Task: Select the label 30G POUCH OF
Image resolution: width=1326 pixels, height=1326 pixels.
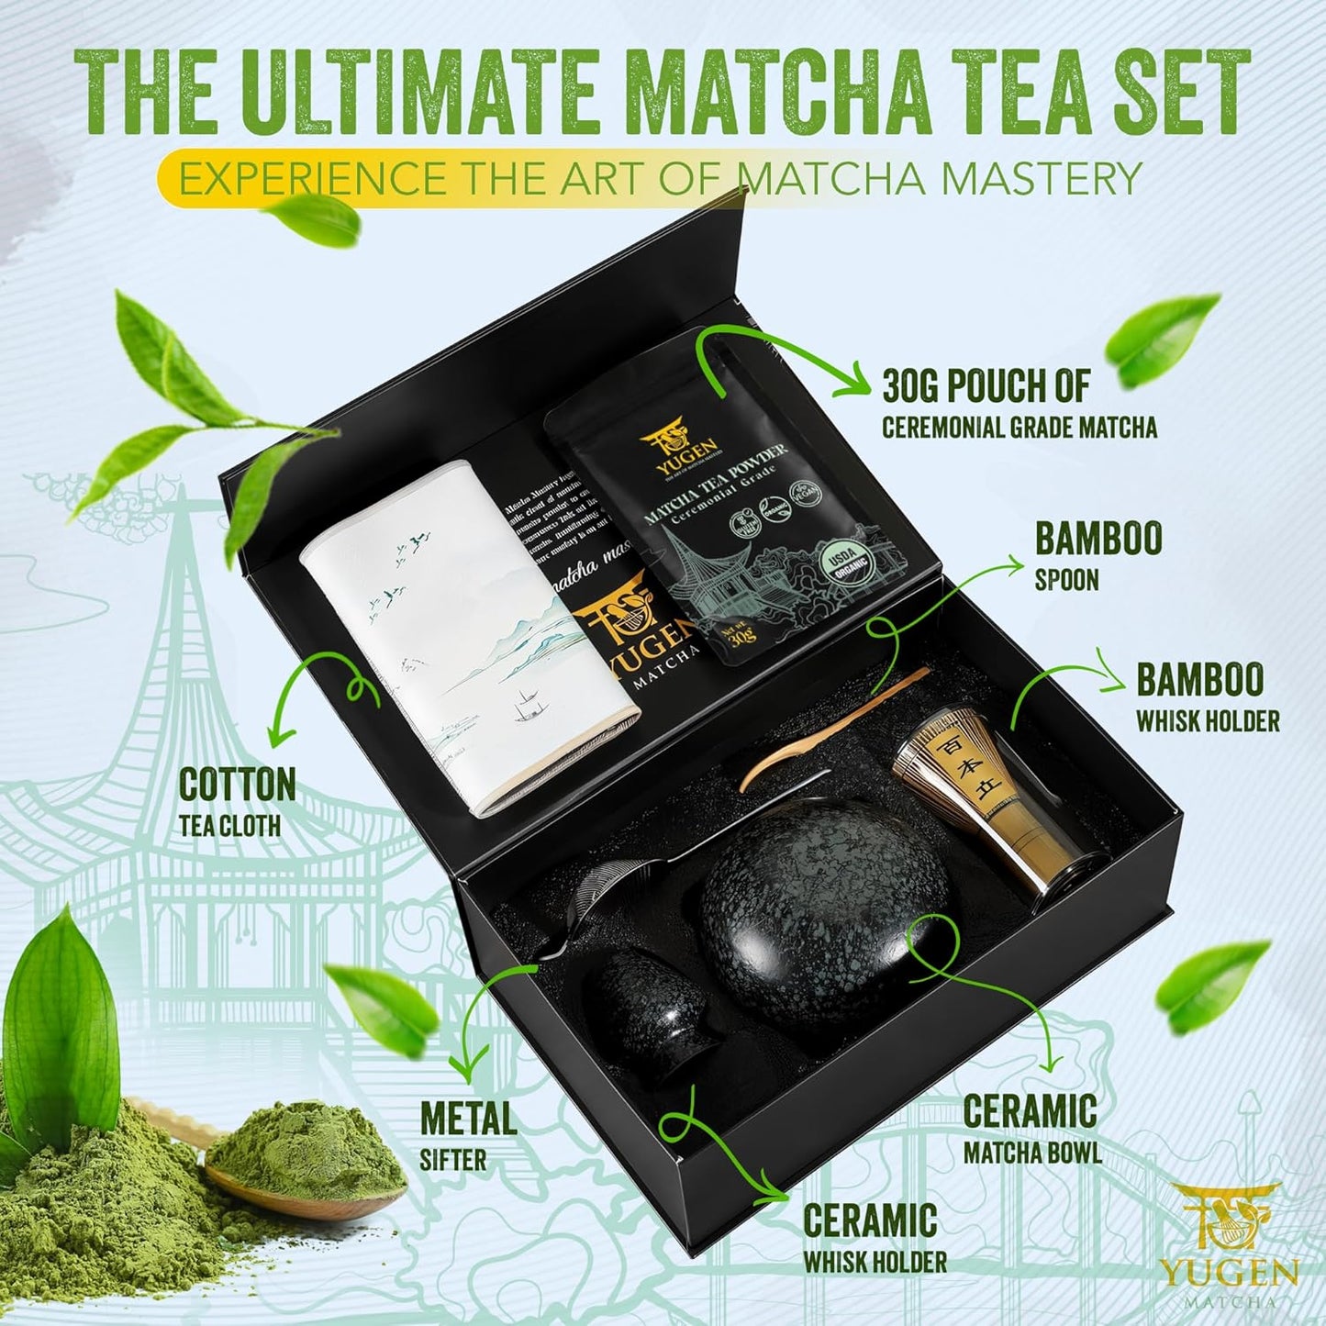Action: click(986, 386)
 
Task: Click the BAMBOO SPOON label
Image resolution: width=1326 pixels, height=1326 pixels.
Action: click(1098, 555)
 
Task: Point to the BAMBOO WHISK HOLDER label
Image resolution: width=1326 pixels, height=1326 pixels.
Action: click(1207, 698)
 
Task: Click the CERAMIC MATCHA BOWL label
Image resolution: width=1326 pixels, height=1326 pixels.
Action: click(1031, 1129)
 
